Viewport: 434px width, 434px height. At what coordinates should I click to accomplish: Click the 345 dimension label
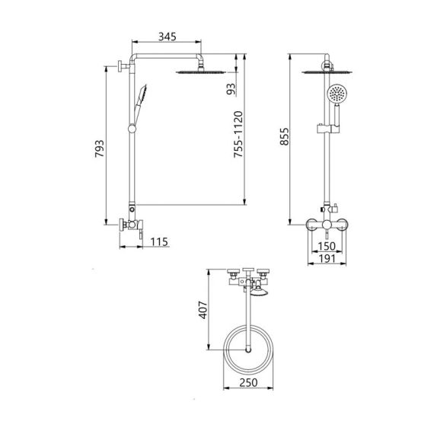[168, 37]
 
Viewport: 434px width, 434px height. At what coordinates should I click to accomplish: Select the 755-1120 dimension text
[238, 138]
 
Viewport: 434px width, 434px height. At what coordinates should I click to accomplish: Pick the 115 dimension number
[159, 242]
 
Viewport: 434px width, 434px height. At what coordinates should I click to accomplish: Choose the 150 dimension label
[327, 247]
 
